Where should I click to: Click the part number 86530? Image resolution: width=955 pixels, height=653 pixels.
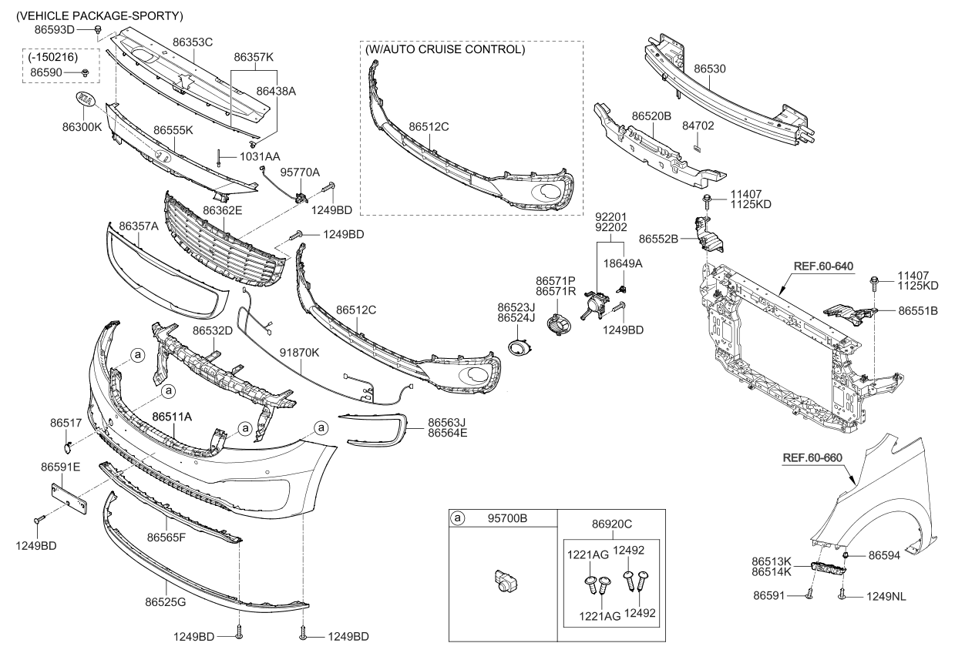click(710, 69)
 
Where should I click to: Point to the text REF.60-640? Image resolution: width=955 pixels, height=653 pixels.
click(823, 266)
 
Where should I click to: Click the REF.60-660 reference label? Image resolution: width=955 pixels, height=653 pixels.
click(812, 457)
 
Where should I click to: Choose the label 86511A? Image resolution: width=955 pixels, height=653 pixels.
click(172, 417)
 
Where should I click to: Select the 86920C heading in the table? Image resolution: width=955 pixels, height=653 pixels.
click(612, 524)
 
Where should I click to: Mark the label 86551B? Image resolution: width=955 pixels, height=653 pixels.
click(917, 311)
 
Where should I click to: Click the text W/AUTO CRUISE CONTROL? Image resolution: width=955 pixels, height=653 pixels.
click(446, 50)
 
